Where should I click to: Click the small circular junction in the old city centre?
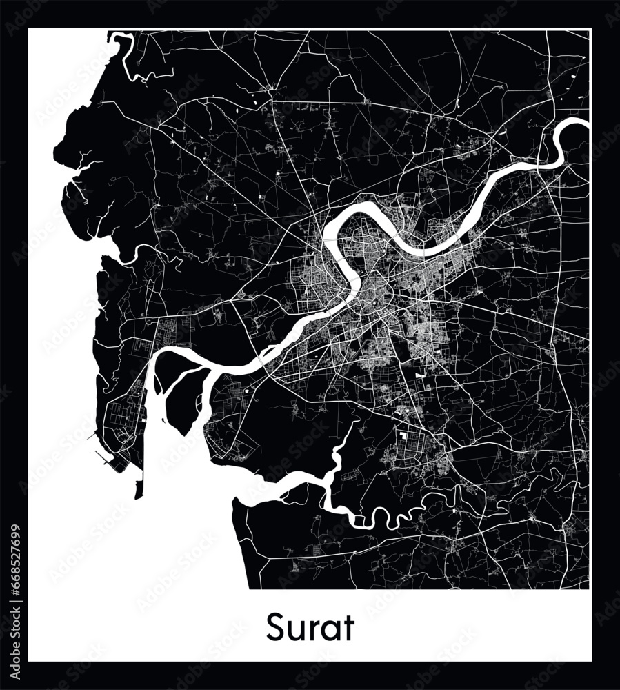point(374,301)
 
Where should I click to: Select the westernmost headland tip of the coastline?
point(54,148)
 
